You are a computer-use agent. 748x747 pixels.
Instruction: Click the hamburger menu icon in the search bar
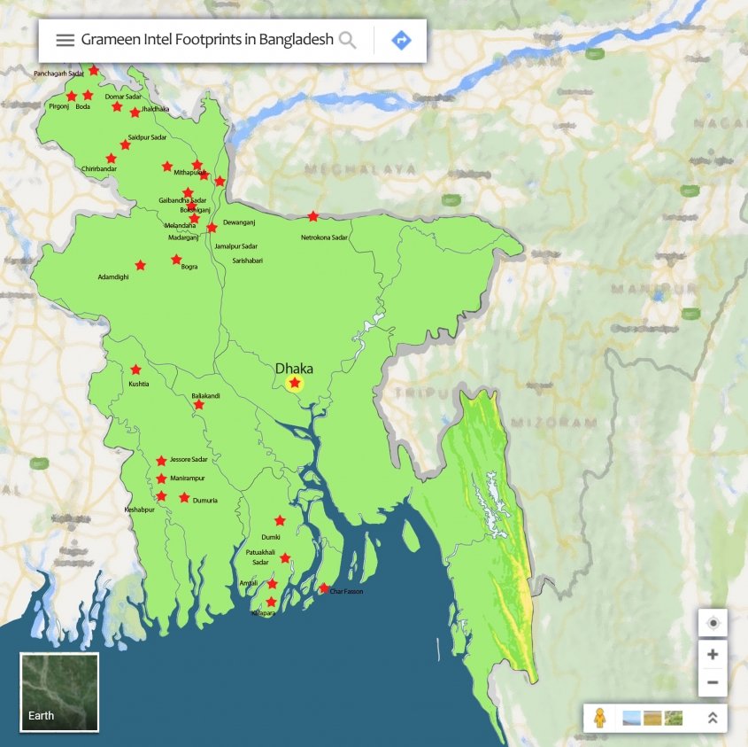[x=65, y=40]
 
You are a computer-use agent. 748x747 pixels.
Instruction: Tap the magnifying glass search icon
[x=348, y=40]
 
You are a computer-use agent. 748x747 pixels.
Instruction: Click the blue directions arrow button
[x=401, y=40]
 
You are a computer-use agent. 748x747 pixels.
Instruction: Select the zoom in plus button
[x=713, y=655]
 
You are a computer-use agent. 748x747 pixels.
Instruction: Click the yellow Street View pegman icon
[x=600, y=718]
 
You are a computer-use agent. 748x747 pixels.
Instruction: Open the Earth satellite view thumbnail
[x=59, y=692]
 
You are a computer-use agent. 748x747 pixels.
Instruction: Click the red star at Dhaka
[x=295, y=383]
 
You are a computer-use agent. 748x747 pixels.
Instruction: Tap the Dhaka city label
[x=294, y=368]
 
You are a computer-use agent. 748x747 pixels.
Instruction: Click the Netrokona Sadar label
[x=324, y=237]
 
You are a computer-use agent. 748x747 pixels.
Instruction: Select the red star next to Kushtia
[x=135, y=370]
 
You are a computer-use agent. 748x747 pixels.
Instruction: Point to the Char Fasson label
[x=346, y=591]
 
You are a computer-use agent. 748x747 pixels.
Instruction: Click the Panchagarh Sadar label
[x=58, y=74]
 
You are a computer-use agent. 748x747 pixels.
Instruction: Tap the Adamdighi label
[x=112, y=277]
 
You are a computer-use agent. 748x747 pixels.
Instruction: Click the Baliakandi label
[x=205, y=395]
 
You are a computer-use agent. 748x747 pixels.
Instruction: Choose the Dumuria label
[x=204, y=501]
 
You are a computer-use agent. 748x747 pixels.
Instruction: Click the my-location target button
[x=713, y=623]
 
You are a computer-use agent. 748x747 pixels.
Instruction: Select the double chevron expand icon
[x=712, y=718]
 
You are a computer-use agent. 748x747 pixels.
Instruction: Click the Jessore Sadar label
[x=189, y=459]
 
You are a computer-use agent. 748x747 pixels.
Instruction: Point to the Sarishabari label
[x=248, y=261]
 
